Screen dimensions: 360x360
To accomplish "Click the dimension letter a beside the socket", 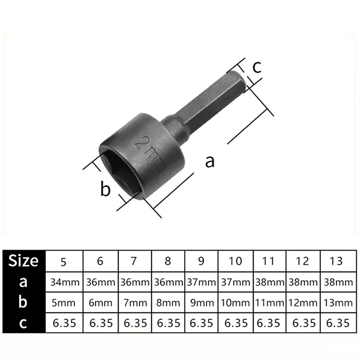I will [210, 161].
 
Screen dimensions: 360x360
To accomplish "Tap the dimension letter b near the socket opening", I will [105, 189].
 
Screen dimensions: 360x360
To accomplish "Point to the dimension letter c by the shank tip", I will [256, 67].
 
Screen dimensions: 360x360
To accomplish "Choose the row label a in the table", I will [23, 283].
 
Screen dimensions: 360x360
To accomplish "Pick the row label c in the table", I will [23, 323].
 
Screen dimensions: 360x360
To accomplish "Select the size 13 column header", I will [336, 261].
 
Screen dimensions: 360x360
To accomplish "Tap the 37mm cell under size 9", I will [201, 283].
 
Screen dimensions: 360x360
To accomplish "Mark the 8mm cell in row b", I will [168, 303].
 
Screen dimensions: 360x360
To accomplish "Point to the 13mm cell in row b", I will [336, 303].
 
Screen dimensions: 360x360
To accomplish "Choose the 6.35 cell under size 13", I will [336, 323].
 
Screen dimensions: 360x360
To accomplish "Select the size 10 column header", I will [235, 261].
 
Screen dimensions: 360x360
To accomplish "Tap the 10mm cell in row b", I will [235, 303].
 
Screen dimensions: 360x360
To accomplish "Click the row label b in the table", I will [23, 303].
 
